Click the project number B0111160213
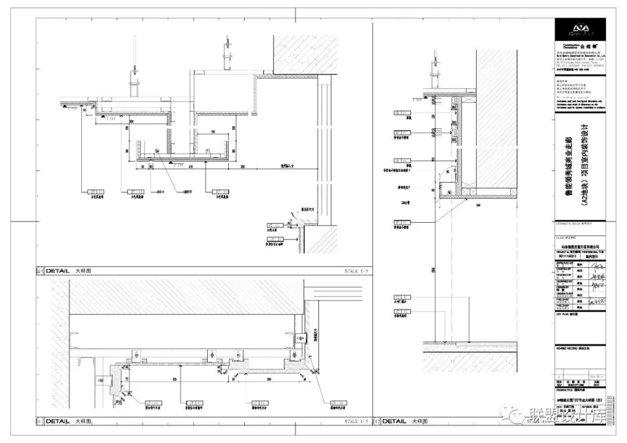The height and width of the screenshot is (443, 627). (x=566, y=255)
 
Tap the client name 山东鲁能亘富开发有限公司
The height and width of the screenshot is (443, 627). (x=580, y=246)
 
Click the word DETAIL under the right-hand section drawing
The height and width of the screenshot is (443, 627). (x=394, y=422)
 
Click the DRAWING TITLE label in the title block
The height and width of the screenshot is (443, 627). (x=566, y=391)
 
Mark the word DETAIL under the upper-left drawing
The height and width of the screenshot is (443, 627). (x=57, y=271)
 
